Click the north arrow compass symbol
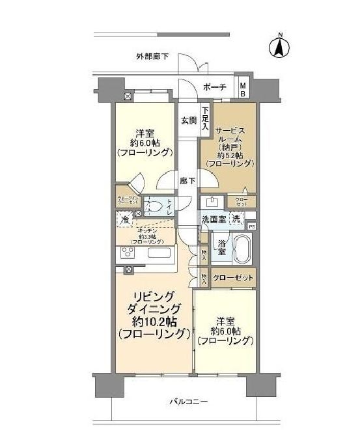(x=279, y=47)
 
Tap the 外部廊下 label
(x=152, y=57)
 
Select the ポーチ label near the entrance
(x=214, y=88)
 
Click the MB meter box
(x=243, y=88)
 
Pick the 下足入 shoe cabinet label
(x=205, y=118)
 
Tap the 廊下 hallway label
(x=187, y=180)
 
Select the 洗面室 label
(x=213, y=221)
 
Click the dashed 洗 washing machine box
(x=238, y=221)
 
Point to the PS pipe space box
(x=252, y=226)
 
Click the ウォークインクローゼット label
(x=128, y=200)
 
